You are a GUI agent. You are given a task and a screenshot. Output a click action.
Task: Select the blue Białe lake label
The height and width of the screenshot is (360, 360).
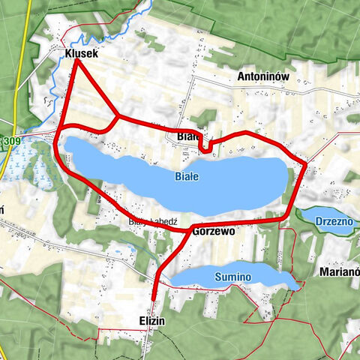coord(186,177)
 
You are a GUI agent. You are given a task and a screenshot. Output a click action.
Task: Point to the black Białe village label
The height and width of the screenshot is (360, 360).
coord(188,136)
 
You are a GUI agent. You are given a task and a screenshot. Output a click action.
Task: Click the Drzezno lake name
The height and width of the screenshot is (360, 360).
coord(328,223)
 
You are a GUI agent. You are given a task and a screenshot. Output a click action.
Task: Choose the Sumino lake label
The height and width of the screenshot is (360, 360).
coord(232,277)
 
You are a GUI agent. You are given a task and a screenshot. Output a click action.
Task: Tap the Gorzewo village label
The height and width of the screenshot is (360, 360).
coord(214,232)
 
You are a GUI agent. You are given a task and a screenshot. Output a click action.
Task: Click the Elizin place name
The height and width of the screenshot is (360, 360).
coord(151,320)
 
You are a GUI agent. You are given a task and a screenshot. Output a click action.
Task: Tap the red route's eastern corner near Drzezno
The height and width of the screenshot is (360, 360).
coord(305,162)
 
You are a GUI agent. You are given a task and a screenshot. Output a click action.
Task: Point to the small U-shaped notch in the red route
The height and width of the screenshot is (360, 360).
coord(206,147)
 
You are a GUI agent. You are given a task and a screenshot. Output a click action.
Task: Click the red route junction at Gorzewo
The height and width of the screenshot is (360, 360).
coord(190,227)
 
